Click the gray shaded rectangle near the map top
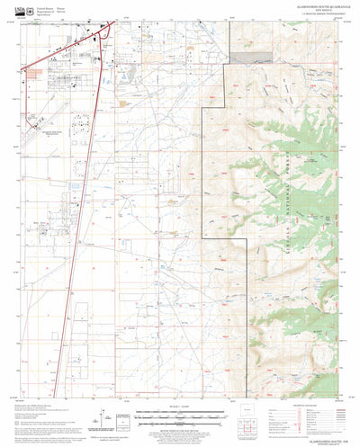(x=243, y=56)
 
